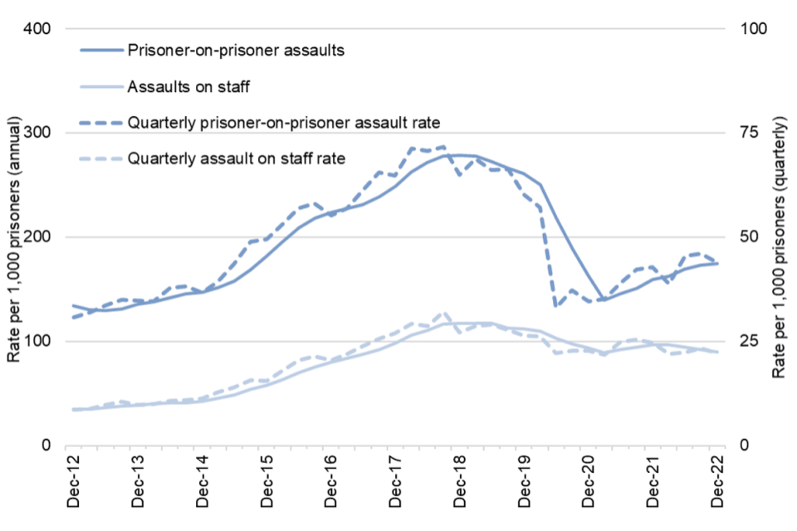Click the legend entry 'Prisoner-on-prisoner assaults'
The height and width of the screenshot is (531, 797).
pyautogui.click(x=236, y=51)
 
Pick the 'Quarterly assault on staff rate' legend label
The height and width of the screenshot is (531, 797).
pyautogui.click(x=237, y=158)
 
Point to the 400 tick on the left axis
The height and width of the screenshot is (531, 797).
pyautogui.click(x=40, y=29)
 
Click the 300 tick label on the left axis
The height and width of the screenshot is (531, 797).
pyautogui.click(x=40, y=133)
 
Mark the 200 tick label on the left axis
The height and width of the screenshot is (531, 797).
pyautogui.click(x=40, y=237)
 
